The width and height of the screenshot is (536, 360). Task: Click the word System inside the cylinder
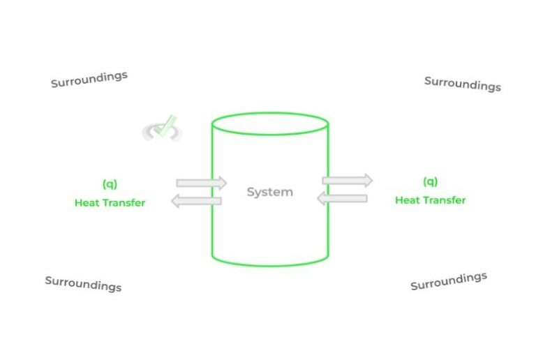click(x=269, y=192)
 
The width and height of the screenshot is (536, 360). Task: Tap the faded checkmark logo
click(x=163, y=129)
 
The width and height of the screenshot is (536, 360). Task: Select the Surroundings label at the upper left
click(x=89, y=80)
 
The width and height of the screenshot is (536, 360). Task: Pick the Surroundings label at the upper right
click(x=463, y=84)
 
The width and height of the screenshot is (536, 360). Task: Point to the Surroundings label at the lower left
click(x=83, y=284)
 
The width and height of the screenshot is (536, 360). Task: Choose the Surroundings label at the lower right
click(x=449, y=281)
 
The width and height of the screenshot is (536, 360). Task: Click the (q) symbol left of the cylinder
click(x=110, y=184)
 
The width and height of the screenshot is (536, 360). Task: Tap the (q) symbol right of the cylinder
click(x=430, y=181)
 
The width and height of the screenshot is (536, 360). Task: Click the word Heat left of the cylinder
click(x=87, y=203)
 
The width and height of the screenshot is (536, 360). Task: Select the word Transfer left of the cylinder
click(x=124, y=203)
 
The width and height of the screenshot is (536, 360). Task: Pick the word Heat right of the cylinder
click(x=407, y=200)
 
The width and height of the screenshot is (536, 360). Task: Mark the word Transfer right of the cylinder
click(x=444, y=200)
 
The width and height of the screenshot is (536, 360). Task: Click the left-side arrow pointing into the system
click(x=201, y=183)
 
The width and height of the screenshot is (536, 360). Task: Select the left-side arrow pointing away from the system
click(x=196, y=201)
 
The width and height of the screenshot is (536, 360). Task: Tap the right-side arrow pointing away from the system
click(x=348, y=180)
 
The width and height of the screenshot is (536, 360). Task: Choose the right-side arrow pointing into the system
click(x=342, y=198)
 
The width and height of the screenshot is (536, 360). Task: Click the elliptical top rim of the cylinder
click(x=270, y=113)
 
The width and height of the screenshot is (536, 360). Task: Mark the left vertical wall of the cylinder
click(x=212, y=190)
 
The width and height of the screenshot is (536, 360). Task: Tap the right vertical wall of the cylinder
click(x=328, y=190)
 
